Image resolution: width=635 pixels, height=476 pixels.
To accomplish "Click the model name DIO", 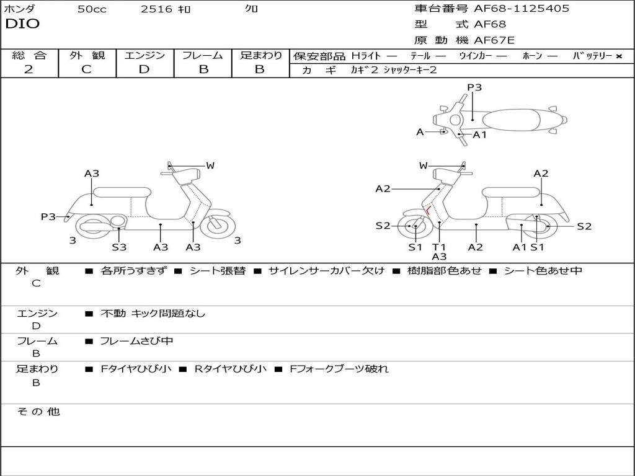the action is click(22, 24).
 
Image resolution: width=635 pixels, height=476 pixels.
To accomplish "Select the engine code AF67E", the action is click(494, 40).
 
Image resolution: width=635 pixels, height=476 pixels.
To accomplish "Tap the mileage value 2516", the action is click(156, 9).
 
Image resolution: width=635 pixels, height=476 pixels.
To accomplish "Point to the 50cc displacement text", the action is click(92, 9).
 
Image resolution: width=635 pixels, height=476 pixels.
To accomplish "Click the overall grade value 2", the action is click(29, 69).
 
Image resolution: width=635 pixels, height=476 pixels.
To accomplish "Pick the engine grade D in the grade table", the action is click(144, 69).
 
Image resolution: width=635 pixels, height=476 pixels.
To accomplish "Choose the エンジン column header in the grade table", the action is click(144, 56).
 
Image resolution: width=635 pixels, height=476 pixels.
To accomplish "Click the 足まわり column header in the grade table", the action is click(260, 56).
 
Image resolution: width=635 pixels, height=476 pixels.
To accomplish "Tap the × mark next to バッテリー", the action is click(618, 56).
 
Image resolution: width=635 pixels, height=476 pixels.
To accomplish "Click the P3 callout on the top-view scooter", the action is click(474, 87).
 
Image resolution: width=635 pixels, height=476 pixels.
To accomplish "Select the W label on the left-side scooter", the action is click(210, 165).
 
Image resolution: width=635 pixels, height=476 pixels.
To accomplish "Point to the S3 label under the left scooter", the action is click(119, 247).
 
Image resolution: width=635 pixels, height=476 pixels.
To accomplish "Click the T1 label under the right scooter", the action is click(439, 247).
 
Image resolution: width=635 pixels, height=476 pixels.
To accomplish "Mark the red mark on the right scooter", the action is click(428, 210).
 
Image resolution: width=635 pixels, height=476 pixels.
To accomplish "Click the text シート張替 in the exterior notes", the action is click(217, 271).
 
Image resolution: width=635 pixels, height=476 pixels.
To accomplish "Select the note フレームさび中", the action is click(136, 341).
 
